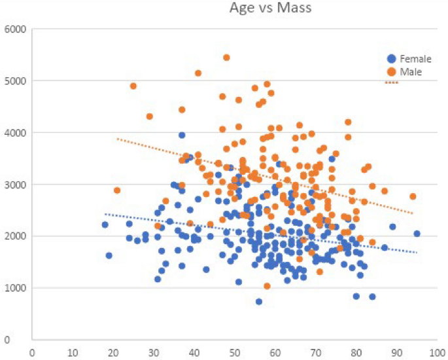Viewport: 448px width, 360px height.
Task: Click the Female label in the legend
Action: point(415,59)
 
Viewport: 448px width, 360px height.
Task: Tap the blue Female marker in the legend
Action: point(391,59)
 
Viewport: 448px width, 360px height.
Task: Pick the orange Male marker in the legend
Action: point(391,71)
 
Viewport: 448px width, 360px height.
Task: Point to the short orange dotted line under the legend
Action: point(391,82)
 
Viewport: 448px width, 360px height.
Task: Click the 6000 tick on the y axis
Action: point(14,29)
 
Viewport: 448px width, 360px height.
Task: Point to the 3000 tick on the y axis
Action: point(14,185)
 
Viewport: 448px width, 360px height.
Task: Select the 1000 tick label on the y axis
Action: point(14,288)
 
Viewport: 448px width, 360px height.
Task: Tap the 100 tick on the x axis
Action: point(438,351)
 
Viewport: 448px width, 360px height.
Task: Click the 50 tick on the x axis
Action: point(235,351)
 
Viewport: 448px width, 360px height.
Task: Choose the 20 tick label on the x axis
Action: point(113,351)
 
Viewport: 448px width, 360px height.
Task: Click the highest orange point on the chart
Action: point(226,58)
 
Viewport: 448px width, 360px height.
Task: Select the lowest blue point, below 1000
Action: point(259,302)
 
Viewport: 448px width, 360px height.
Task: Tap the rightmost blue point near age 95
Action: point(417,234)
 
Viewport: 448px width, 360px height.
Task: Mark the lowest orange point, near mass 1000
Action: point(267,286)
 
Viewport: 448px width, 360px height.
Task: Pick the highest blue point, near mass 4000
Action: point(182,135)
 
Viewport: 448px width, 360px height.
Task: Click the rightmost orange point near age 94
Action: point(413,196)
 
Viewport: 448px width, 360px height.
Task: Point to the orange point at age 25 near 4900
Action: point(133,86)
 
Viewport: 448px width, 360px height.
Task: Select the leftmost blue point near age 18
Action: point(105,225)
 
